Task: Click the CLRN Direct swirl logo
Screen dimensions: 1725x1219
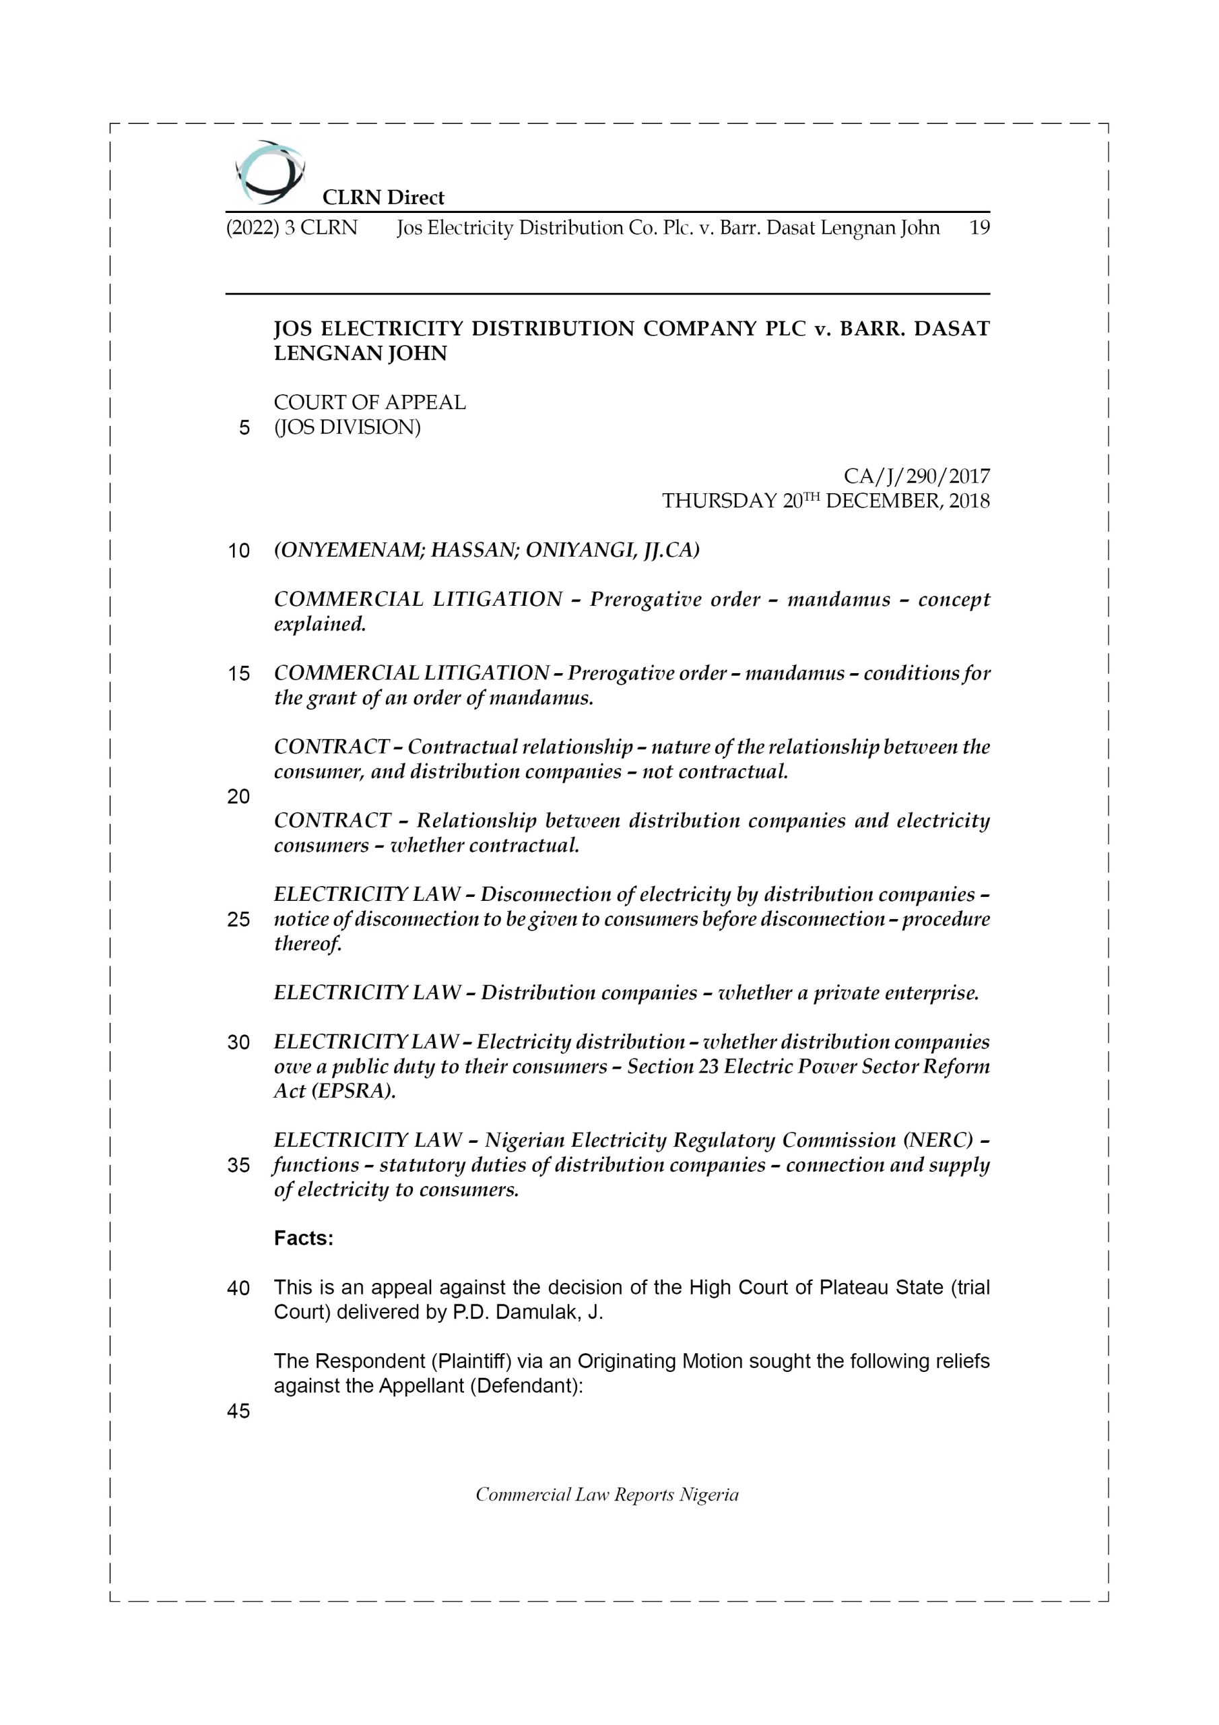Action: (x=269, y=172)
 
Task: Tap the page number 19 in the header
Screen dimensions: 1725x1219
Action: (x=979, y=228)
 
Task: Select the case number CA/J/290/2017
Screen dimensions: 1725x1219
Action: (x=917, y=476)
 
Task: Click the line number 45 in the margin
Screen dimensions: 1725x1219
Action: (x=238, y=1411)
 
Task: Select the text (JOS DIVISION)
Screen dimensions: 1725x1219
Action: (x=347, y=427)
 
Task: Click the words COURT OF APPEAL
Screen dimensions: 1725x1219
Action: (x=370, y=403)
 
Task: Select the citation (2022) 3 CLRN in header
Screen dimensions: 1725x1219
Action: (x=292, y=228)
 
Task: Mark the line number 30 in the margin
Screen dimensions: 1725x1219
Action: (x=238, y=1043)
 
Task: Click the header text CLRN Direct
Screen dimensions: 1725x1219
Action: (x=383, y=197)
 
